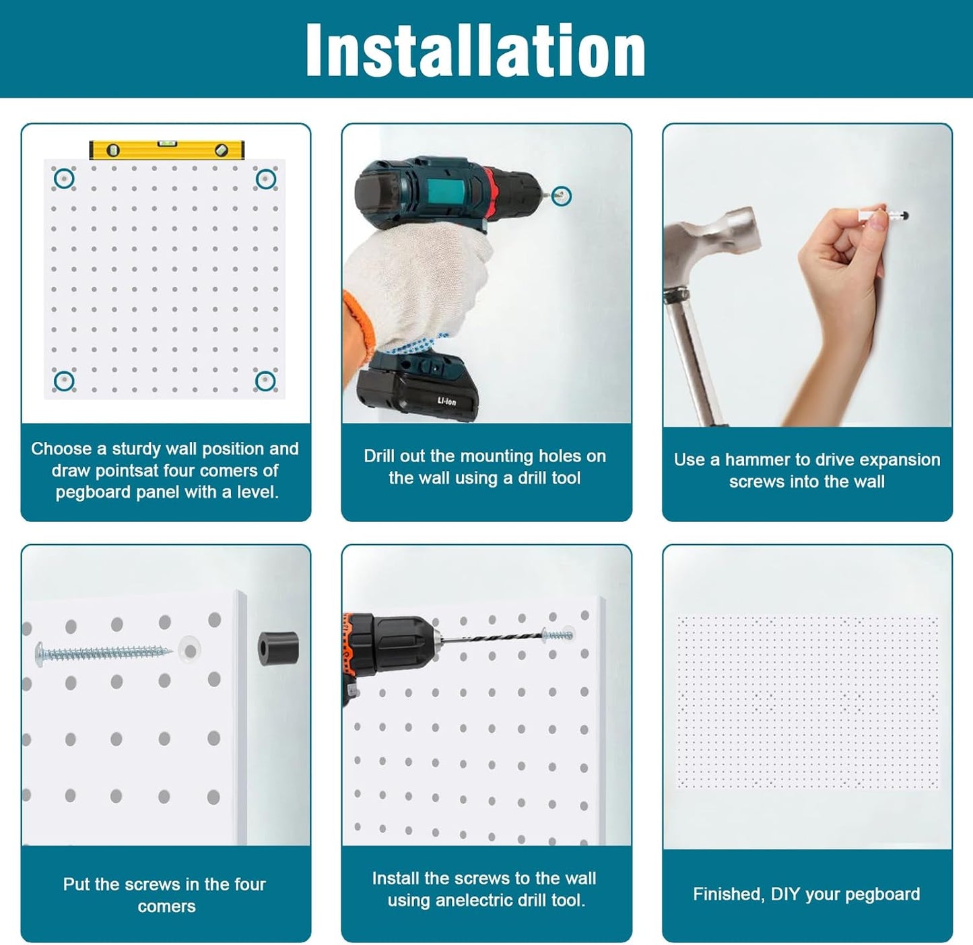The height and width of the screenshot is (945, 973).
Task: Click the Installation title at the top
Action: [x=475, y=51]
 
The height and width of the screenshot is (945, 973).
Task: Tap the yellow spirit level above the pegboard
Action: [x=166, y=150]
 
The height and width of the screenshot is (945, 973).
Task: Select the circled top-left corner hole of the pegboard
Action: [x=64, y=178]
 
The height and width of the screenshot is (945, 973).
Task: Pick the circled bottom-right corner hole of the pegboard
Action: [x=265, y=381]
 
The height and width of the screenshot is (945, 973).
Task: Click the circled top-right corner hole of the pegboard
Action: [x=265, y=178]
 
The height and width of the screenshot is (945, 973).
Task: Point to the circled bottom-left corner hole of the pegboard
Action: [x=64, y=381]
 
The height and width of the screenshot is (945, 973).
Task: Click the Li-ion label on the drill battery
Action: [x=446, y=401]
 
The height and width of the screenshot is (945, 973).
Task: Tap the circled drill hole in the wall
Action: [x=561, y=196]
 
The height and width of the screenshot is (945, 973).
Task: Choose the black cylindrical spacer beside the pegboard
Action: [x=277, y=648]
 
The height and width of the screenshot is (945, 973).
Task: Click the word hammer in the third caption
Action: [x=758, y=460]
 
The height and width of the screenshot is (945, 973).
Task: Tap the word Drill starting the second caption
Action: [x=381, y=456]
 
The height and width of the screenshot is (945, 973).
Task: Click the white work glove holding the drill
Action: [x=417, y=283]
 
